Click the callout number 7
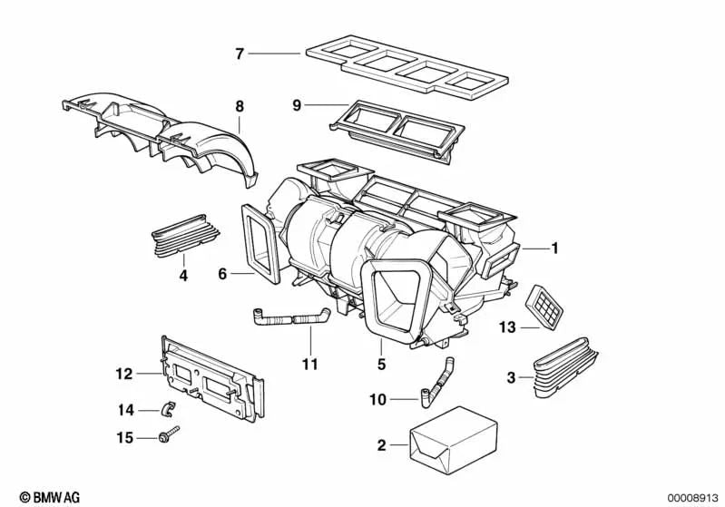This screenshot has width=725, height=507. coord(240,54)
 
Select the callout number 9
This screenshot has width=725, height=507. coord(296,104)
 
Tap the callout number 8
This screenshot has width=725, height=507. coord(240,106)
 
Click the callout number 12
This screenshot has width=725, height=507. coord(124,373)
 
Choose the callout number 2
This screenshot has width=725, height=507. coord(381,444)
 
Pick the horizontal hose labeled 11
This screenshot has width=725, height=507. coord(289,317)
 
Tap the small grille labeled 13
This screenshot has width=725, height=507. coord(544,302)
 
